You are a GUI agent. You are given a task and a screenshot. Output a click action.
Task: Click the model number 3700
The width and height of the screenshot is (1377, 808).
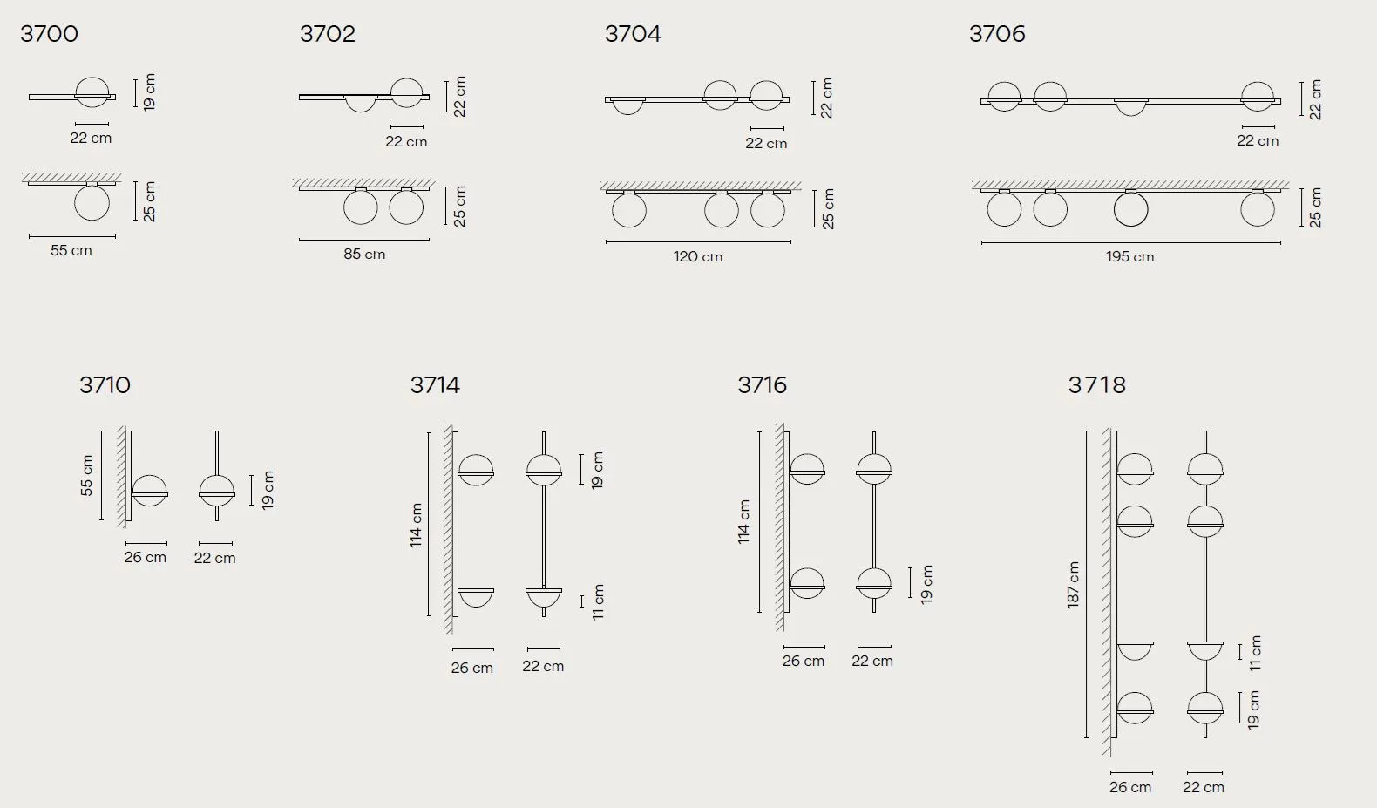click(49, 34)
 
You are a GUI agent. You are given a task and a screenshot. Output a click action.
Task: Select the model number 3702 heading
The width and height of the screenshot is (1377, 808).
click(328, 34)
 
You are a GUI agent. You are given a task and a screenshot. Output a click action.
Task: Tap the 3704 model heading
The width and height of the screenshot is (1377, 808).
click(633, 34)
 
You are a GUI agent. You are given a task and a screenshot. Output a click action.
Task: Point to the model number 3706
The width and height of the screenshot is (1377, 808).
click(997, 34)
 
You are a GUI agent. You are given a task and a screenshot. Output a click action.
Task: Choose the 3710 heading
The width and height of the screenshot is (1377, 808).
click(105, 385)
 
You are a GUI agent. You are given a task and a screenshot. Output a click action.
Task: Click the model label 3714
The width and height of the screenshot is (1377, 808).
click(435, 385)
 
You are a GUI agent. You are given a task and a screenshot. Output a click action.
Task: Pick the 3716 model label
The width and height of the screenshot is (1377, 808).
click(763, 385)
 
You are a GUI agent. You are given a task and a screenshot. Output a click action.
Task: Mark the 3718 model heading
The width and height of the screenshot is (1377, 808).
click(1096, 385)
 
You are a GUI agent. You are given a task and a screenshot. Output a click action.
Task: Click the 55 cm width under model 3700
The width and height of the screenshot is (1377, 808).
click(71, 250)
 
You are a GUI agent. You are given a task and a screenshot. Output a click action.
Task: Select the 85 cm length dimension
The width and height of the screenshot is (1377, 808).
click(364, 254)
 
